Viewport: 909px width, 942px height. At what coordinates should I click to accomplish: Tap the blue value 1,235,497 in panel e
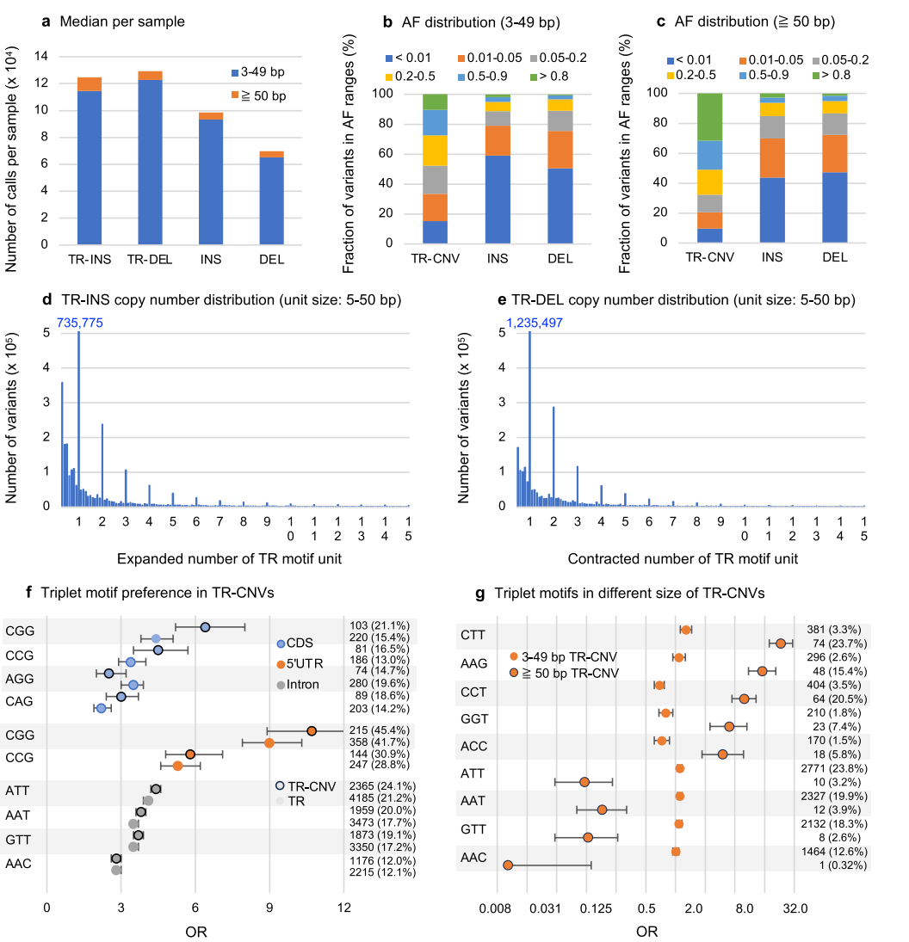[x=531, y=322]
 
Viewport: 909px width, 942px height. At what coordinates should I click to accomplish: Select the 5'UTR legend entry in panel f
[x=304, y=664]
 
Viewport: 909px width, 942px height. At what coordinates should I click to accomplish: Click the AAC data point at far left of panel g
[x=508, y=865]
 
